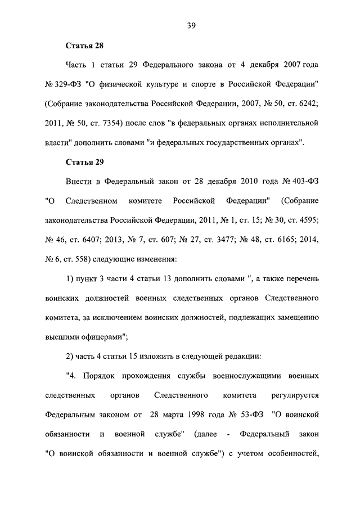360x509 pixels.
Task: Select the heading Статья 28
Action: (x=85, y=46)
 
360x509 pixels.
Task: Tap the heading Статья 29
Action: (x=85, y=162)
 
